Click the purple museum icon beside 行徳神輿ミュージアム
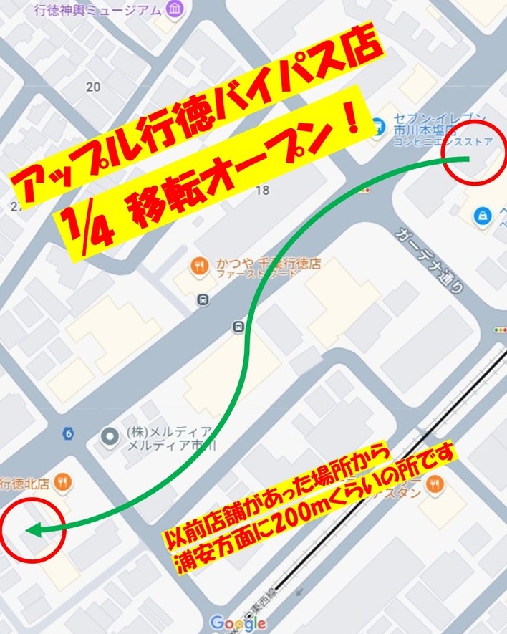pos(173,9)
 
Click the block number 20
pos(92,87)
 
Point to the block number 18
pos(262,190)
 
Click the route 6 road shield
pos(68,433)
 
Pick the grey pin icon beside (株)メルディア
pos(110,436)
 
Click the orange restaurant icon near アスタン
pos(433,486)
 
